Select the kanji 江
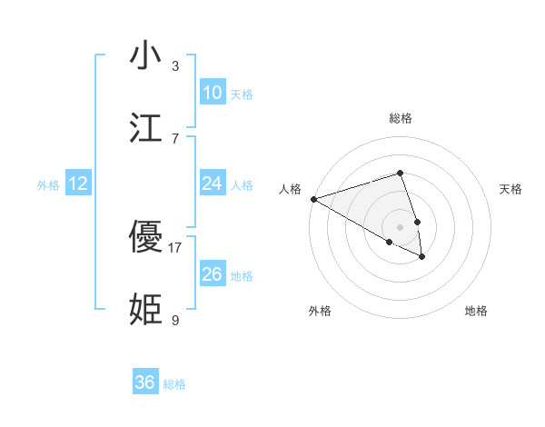click(x=145, y=129)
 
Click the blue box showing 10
click(x=212, y=93)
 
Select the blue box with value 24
click(x=212, y=184)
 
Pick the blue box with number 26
click(x=212, y=274)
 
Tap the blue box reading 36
click(x=145, y=382)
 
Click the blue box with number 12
click(x=78, y=184)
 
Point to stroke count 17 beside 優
click(x=175, y=247)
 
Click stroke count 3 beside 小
click(x=175, y=65)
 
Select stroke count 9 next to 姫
click(x=175, y=320)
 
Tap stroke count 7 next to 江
click(x=175, y=138)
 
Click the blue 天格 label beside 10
click(x=242, y=94)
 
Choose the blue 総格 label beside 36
click(x=174, y=384)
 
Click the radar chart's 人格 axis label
click(x=290, y=189)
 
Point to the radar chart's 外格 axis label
click(x=320, y=312)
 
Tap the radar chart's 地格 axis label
click(x=476, y=312)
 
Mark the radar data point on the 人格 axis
click(x=313, y=199)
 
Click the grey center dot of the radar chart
click(x=400, y=226)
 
